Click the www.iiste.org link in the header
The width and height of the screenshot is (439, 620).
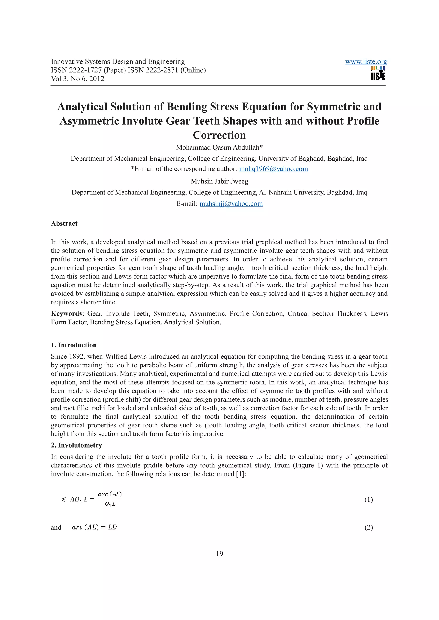(x=366, y=62)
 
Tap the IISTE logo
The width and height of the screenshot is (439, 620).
(x=378, y=73)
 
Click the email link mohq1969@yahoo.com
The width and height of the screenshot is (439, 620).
(x=273, y=169)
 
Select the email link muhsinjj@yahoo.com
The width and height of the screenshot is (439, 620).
(x=231, y=204)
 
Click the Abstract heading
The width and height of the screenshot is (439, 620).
(x=64, y=224)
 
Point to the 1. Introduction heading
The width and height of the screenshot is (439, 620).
(x=74, y=345)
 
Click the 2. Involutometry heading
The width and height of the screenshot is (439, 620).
(x=76, y=445)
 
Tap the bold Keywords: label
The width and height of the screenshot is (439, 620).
(x=68, y=313)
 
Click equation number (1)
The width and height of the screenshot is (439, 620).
(x=368, y=500)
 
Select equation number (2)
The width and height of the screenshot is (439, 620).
(x=368, y=527)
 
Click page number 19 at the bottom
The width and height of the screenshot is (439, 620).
(x=219, y=554)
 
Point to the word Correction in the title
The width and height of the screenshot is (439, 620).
(x=219, y=135)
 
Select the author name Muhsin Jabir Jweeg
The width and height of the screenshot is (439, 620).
(x=219, y=181)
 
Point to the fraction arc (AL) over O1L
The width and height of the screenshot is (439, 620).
(x=110, y=499)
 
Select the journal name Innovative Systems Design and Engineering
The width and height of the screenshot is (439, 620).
(x=118, y=62)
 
